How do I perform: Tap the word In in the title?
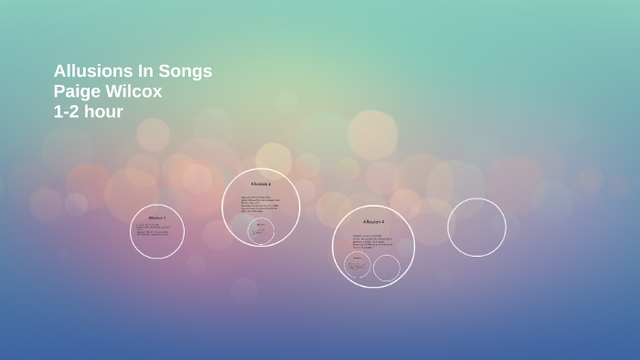tap(139, 71)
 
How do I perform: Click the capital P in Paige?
tap(59, 91)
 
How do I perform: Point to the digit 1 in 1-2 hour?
tap(59, 111)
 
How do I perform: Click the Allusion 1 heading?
tap(157, 218)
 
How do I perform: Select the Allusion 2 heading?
tap(261, 185)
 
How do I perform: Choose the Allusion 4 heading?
tap(373, 221)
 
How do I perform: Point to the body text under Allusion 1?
tap(155, 230)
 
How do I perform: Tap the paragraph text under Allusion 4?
tap(371, 240)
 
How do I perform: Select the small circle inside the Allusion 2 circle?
tap(261, 230)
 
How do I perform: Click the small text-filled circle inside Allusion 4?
tap(357, 266)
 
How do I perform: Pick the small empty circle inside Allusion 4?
tap(387, 268)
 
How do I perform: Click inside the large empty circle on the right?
tap(476, 227)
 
